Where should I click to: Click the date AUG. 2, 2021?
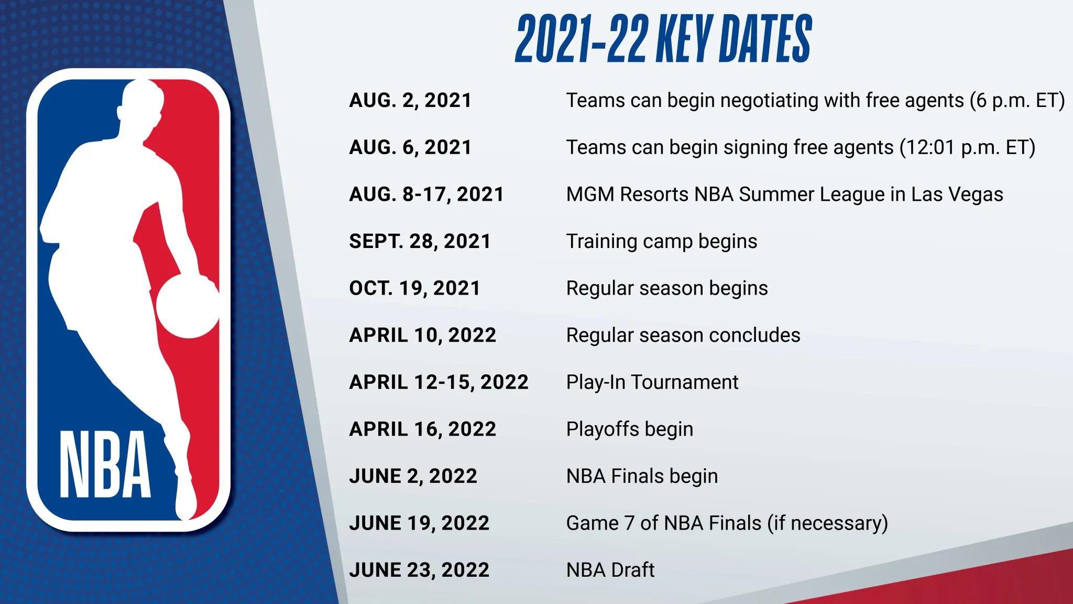(x=410, y=100)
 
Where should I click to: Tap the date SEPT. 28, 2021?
(x=420, y=241)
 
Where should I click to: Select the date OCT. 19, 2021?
(x=414, y=288)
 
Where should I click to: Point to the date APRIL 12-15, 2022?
(x=439, y=382)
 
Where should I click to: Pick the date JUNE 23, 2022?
(x=419, y=570)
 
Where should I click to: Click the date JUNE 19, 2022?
(x=419, y=523)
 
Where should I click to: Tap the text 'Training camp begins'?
(x=661, y=241)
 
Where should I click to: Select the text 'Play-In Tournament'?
(x=652, y=382)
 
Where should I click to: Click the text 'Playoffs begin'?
(x=629, y=429)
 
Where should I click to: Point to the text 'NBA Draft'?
(x=610, y=570)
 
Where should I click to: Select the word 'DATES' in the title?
(x=765, y=39)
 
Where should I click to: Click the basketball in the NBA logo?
(x=187, y=306)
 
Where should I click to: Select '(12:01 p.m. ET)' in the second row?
(x=967, y=147)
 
